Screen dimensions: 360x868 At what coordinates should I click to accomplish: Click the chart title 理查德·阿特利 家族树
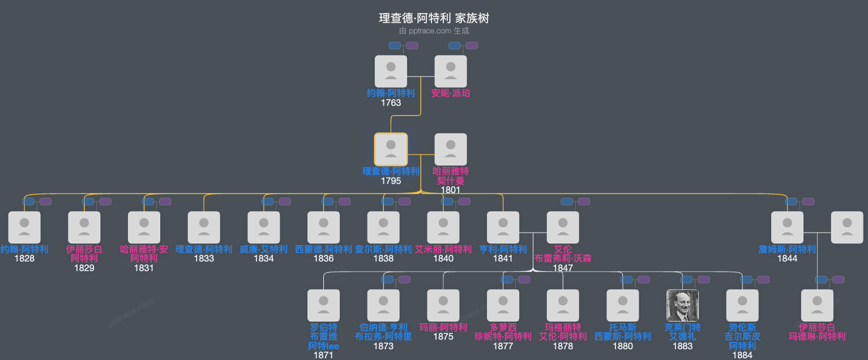tap(434, 18)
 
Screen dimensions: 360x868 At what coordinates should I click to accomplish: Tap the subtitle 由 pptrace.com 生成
tap(434, 31)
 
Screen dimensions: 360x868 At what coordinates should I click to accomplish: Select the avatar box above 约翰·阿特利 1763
tap(391, 71)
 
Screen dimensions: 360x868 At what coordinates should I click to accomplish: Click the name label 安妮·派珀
tap(451, 93)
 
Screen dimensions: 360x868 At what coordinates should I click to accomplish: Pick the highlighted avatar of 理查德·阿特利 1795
tap(391, 149)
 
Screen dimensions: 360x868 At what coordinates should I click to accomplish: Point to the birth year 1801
tap(451, 190)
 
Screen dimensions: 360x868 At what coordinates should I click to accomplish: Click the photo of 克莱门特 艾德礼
tap(682, 306)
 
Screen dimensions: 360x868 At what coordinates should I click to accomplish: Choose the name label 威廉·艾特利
tap(264, 249)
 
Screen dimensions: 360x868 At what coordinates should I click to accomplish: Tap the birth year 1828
tap(24, 259)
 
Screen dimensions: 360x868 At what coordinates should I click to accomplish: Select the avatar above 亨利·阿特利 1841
tap(503, 228)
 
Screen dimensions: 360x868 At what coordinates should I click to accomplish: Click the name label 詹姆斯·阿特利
tap(787, 249)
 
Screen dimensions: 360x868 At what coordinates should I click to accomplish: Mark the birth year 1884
tap(742, 355)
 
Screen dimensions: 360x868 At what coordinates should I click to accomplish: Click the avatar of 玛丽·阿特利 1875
tap(443, 306)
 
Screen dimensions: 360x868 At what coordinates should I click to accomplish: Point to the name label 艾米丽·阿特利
tap(443, 249)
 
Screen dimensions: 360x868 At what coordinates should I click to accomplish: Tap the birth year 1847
tap(563, 268)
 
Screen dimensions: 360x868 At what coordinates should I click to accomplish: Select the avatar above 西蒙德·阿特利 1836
tap(323, 228)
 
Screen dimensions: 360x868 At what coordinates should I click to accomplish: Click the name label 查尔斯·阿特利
tap(383, 249)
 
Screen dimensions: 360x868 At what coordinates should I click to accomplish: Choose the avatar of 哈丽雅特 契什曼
tap(451, 149)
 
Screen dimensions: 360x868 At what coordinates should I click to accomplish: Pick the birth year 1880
tap(623, 346)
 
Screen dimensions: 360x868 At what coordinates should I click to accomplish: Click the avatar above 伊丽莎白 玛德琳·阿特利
tap(817, 306)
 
